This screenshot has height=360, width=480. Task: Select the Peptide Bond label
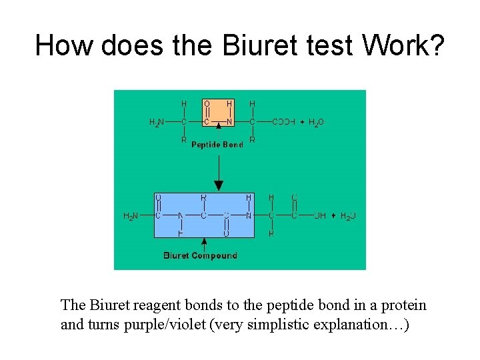(217, 145)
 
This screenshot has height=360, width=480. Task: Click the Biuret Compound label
(200, 255)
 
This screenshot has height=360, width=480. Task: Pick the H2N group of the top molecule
(155, 123)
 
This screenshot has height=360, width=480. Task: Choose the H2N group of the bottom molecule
(131, 216)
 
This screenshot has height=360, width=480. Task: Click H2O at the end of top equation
(316, 123)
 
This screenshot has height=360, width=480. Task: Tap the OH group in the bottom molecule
(319, 216)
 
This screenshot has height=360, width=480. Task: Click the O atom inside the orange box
(207, 104)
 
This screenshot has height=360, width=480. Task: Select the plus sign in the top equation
(301, 123)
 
